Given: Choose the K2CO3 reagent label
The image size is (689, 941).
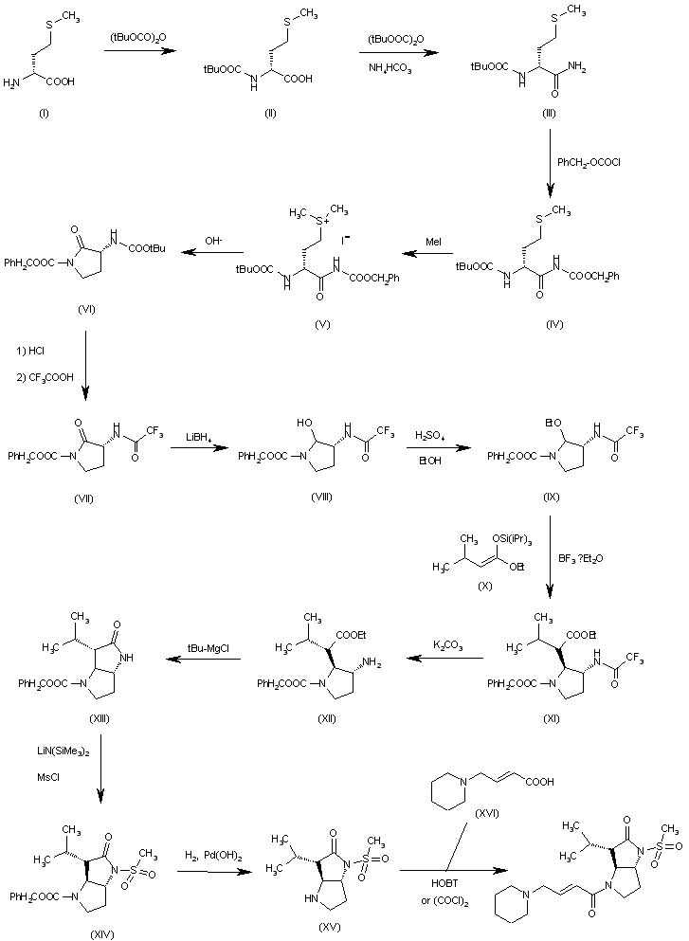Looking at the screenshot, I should click(x=442, y=644).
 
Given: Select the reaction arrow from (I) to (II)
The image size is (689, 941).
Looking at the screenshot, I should click(x=141, y=53).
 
